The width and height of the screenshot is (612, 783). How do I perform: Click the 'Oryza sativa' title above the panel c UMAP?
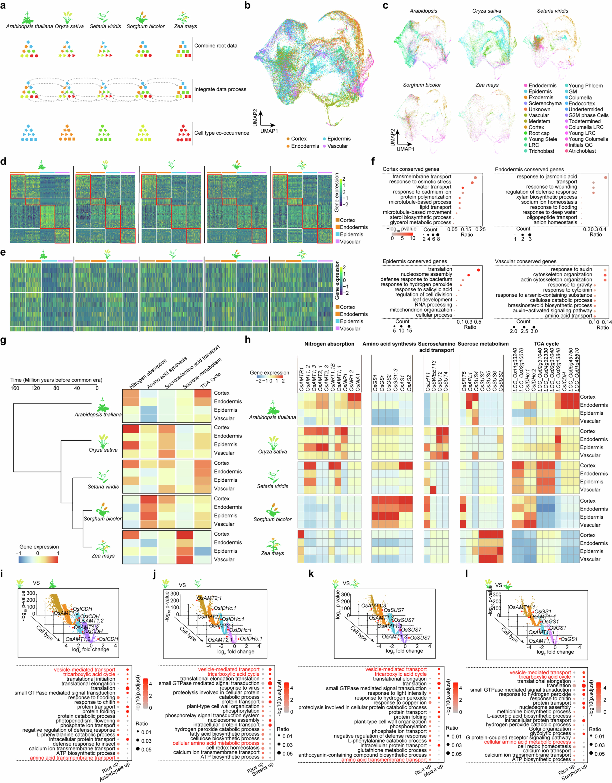pos(487,11)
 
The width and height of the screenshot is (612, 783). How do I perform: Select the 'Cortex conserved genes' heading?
pos(410,169)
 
